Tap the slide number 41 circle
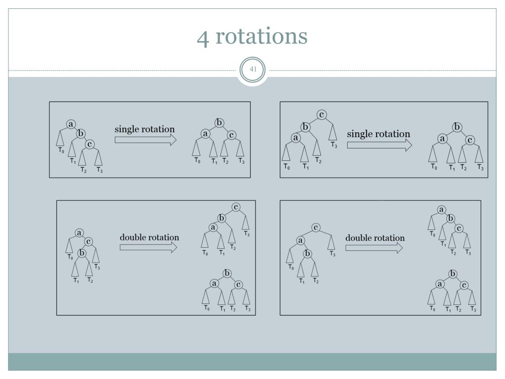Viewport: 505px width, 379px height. pos(252,70)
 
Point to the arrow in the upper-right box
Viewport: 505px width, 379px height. pos(379,145)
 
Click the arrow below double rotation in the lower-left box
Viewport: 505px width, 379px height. pos(148,247)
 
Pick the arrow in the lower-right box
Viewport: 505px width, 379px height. pos(373,247)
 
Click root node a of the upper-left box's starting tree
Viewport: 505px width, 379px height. pos(71,124)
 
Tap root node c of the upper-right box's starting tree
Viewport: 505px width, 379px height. pos(322,115)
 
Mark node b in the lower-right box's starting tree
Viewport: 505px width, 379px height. pos(308,254)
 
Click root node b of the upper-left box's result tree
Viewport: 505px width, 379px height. pos(219,123)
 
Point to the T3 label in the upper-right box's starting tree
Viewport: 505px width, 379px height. pos(334,146)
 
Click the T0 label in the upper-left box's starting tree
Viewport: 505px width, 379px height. pos(61,150)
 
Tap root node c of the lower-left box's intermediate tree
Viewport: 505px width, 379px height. pos(236,207)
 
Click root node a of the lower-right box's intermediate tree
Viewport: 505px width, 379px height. pos(442,210)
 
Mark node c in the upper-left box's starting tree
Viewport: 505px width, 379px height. pos(90,144)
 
